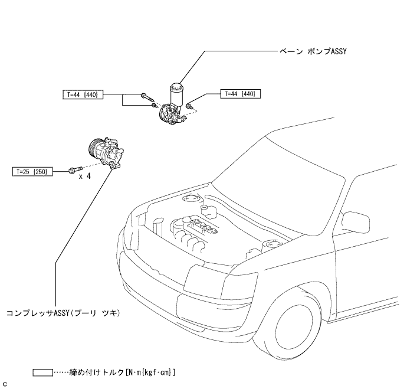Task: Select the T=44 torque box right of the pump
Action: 240,93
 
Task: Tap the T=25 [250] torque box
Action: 33,171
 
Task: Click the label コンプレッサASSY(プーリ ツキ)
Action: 64,313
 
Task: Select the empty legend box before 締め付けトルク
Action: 42,372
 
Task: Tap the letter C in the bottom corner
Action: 5,384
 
